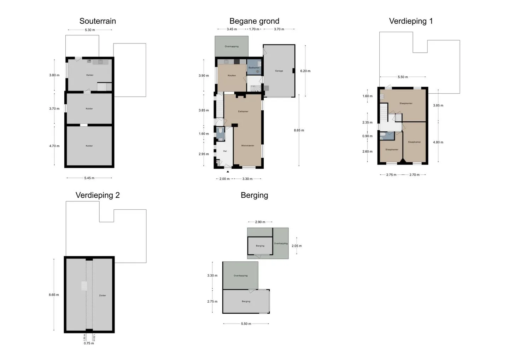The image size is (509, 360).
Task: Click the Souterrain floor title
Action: (98, 21)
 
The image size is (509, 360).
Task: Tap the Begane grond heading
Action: (254, 21)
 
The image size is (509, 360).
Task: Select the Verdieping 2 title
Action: (98, 195)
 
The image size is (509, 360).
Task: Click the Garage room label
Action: (279, 71)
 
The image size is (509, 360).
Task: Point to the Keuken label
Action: (232, 75)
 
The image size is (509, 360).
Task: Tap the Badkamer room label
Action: (254, 68)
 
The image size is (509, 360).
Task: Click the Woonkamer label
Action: (248, 145)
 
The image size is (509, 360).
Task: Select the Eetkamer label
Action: (243, 111)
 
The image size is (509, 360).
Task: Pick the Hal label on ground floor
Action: (225, 151)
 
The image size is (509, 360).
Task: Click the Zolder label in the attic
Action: (103, 295)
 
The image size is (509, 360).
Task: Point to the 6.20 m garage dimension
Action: (305, 71)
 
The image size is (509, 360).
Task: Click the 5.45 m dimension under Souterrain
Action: (89, 178)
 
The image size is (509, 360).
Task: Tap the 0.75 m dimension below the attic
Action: (89, 343)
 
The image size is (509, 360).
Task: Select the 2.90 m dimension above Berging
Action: (260, 222)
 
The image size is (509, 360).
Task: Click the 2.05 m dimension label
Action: (297, 246)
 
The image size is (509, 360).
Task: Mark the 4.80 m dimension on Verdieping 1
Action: (438, 142)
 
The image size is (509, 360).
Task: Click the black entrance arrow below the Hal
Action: (228, 172)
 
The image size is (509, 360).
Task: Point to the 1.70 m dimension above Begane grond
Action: (254, 29)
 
